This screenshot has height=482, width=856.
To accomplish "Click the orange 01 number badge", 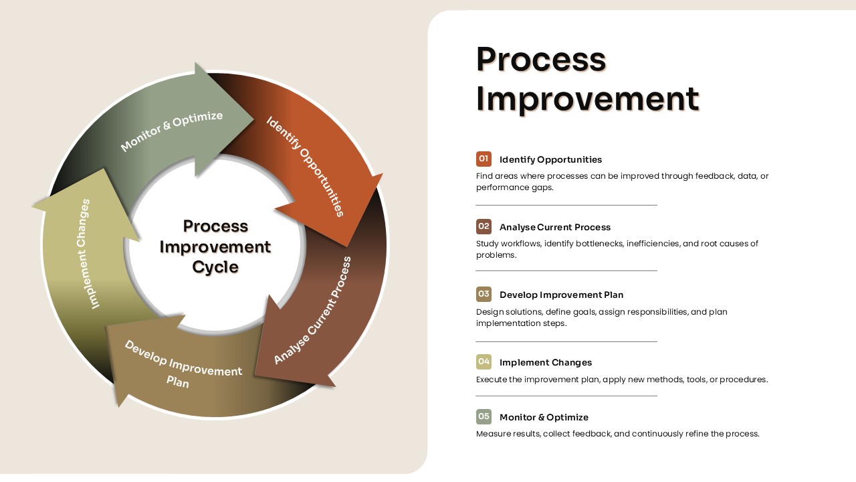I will click(x=484, y=159).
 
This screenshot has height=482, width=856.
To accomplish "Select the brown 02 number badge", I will click(x=484, y=226).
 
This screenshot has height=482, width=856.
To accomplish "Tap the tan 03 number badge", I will click(x=484, y=294).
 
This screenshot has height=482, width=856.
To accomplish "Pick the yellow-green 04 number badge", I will click(x=484, y=361).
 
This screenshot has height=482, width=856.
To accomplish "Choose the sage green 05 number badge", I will click(x=484, y=416).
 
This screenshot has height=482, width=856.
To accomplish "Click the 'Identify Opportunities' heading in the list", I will click(x=550, y=159).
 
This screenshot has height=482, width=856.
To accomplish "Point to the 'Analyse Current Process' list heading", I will click(x=554, y=227).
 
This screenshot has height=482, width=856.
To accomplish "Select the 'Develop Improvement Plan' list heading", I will click(x=561, y=295).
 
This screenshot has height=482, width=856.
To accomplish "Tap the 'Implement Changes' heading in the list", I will click(x=545, y=362).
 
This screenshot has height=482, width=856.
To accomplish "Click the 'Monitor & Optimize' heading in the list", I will click(x=544, y=417).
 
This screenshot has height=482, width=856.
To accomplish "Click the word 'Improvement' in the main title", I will click(x=587, y=98).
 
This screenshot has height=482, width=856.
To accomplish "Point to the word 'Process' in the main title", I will click(x=540, y=59).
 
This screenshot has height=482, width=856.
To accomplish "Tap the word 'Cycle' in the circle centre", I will click(x=215, y=267).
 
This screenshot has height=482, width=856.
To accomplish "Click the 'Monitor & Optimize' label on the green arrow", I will click(x=171, y=131).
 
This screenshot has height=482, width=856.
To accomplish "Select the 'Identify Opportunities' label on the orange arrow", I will click(x=306, y=166).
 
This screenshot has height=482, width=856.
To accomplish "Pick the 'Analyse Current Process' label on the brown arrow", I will click(x=313, y=311).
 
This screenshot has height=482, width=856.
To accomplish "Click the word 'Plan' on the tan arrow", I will click(x=178, y=382).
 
